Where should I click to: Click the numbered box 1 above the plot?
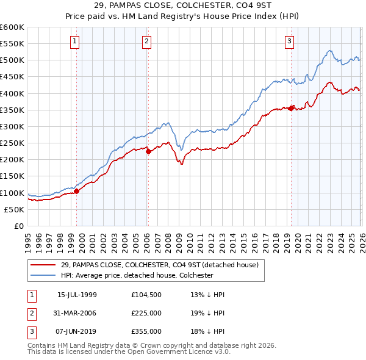pos(74,41)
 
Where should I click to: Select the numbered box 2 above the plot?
pos(147,41)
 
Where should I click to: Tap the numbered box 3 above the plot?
pos(289,41)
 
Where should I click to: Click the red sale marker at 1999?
pos(77,191)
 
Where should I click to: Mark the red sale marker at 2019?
pos(292,108)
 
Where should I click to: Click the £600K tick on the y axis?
pos(12,27)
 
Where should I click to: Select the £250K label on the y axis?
pos(12,143)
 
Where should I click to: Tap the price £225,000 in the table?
pos(146,313)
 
